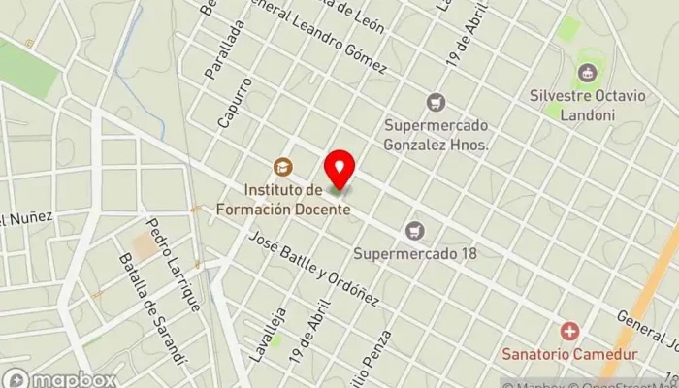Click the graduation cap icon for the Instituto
coord(282,167)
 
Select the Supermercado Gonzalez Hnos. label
coord(435,135)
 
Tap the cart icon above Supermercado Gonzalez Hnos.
coord(436,101)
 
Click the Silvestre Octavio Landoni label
coord(586,103)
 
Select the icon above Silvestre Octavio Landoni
coord(586,72)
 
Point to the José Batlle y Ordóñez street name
coord(313,271)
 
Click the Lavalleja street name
coord(262,329)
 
